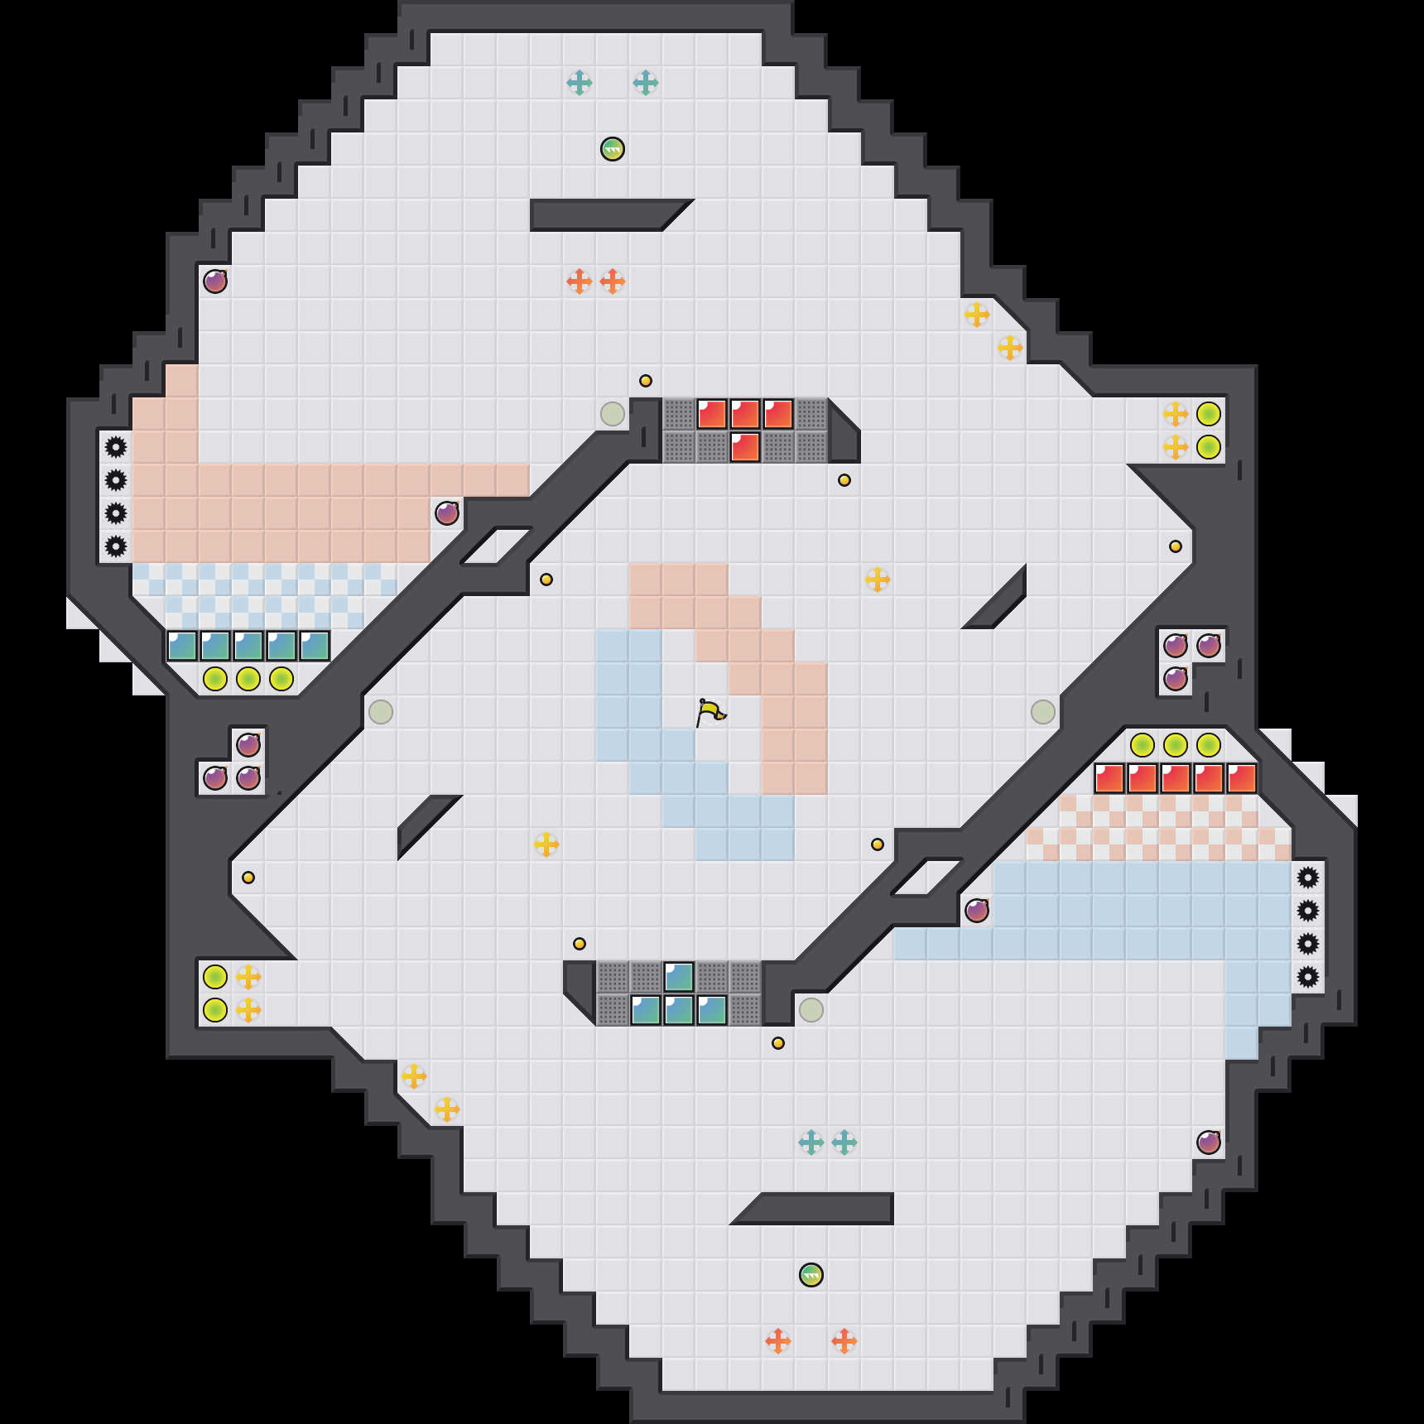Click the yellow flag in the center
tap(710, 712)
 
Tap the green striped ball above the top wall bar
tap(613, 149)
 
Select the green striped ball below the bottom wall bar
tap(811, 1275)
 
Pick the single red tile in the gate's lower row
tap(745, 447)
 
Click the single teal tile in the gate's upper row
tap(679, 977)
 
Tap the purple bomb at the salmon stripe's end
tap(447, 513)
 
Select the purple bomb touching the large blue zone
tap(977, 911)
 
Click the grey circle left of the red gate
tap(613, 414)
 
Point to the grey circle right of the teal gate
tap(811, 1010)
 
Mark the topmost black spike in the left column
tap(116, 447)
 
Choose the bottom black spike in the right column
tap(1308, 977)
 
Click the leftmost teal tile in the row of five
tap(182, 646)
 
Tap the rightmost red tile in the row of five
tap(1242, 778)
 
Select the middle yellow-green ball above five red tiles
tap(1176, 745)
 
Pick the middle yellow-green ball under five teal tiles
tap(248, 679)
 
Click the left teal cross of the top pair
tap(580, 83)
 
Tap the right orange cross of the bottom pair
tap(844, 1341)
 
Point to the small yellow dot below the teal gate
tap(778, 1043)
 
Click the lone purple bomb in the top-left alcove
tap(215, 281)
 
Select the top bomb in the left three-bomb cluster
tap(248, 745)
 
